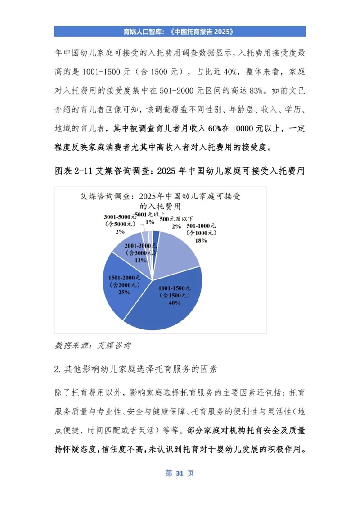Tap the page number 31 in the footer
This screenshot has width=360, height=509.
(x=180, y=473)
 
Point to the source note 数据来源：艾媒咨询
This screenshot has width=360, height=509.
(x=93, y=346)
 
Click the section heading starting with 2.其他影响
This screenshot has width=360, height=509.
(x=135, y=370)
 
